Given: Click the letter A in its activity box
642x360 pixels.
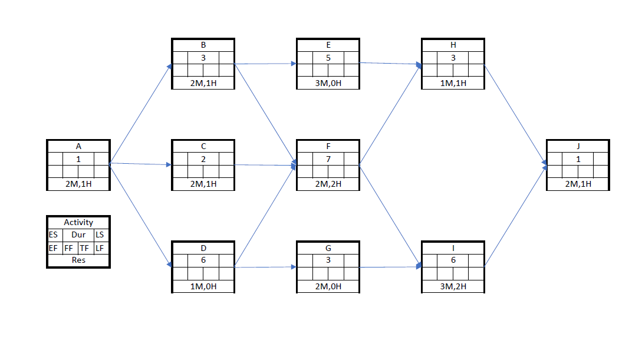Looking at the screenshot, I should [x=78, y=146].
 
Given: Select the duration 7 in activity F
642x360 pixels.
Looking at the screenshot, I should [x=328, y=158].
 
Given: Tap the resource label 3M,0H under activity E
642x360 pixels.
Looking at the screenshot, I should [x=328, y=83].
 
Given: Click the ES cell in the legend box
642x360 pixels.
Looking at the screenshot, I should [x=53, y=235].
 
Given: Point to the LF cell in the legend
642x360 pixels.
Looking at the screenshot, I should [x=100, y=248].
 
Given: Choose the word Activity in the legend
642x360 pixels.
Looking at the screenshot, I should [x=78, y=222].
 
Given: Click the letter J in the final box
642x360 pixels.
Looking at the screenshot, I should [x=578, y=146].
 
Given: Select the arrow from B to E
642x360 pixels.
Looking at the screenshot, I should [x=265, y=64].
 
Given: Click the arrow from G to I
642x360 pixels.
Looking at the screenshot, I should [x=389, y=267].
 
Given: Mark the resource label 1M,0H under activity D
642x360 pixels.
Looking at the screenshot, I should [x=203, y=286].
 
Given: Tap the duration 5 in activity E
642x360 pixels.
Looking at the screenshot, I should [x=328, y=58].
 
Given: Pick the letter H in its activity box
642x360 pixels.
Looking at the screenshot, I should [x=453, y=45].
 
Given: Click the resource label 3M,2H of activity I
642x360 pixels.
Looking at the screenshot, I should [x=453, y=286].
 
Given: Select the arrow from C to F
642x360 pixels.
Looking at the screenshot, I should [x=265, y=166].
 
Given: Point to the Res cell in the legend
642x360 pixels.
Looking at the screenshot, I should [x=78, y=260].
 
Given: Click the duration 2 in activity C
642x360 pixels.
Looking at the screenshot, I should [x=203, y=158].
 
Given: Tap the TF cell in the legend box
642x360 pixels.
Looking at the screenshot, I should [x=84, y=248].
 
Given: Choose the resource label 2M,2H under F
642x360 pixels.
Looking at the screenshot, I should [x=328, y=184].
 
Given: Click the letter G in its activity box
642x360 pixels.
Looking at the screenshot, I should [x=328, y=248].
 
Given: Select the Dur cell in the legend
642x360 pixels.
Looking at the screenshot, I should [x=78, y=235].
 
